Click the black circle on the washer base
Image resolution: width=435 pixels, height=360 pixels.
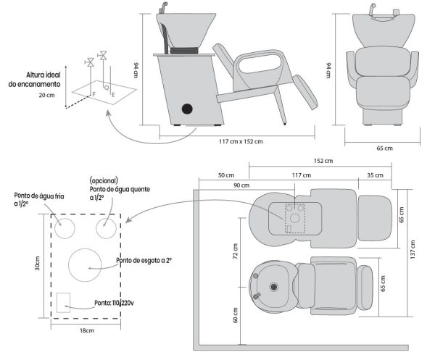click(x=187, y=109)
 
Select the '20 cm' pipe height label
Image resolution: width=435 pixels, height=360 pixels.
click(x=47, y=94)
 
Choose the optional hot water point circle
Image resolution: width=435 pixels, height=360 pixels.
click(x=106, y=228)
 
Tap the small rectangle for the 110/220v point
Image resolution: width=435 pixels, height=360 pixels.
click(x=63, y=301)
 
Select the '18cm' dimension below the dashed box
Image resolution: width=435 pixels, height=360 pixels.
click(x=86, y=330)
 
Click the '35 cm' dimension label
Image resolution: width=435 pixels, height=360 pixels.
click(x=375, y=175)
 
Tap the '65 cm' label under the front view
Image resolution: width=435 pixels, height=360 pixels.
click(x=384, y=148)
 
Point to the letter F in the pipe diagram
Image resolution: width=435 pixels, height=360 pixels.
click(x=93, y=94)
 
